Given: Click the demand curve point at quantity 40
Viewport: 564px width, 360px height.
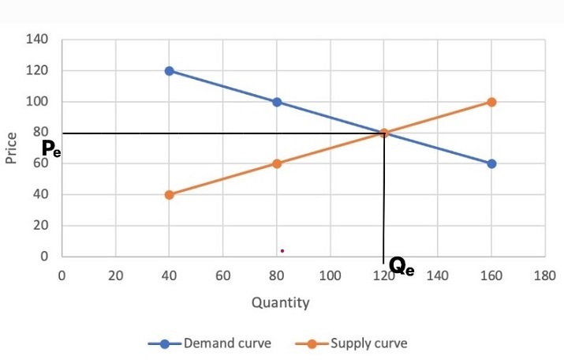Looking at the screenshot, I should [169, 71].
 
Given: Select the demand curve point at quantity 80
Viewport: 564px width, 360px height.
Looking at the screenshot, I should [277, 102].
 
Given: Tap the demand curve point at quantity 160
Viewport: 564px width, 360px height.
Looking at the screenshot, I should [491, 163].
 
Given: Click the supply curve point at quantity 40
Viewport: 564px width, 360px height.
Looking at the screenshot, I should [169, 194].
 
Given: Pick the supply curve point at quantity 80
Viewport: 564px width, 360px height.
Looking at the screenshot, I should [277, 163].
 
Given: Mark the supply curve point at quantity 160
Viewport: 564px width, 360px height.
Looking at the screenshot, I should [491, 102].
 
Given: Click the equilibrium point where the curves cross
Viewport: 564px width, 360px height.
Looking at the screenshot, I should [384, 133].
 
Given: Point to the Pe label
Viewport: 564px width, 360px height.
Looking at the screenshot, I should [50, 148].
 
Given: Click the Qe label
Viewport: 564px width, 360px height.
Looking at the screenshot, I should [402, 268].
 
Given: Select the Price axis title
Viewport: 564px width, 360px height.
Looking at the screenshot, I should [11, 148].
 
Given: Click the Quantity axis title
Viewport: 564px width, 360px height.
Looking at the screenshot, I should [280, 302].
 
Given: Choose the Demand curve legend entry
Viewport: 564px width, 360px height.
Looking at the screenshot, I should [211, 343].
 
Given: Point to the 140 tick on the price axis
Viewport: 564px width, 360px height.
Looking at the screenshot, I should [38, 39].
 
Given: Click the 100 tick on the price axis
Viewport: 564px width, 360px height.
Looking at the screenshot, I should [38, 102].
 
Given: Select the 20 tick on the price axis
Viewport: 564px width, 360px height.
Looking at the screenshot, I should [41, 226].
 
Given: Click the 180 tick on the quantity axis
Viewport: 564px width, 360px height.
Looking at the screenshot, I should [545, 276].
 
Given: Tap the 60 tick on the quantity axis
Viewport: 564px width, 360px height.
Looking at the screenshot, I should [222, 276].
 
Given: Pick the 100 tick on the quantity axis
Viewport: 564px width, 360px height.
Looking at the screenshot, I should [330, 276].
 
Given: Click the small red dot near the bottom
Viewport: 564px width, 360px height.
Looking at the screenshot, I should [282, 251].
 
